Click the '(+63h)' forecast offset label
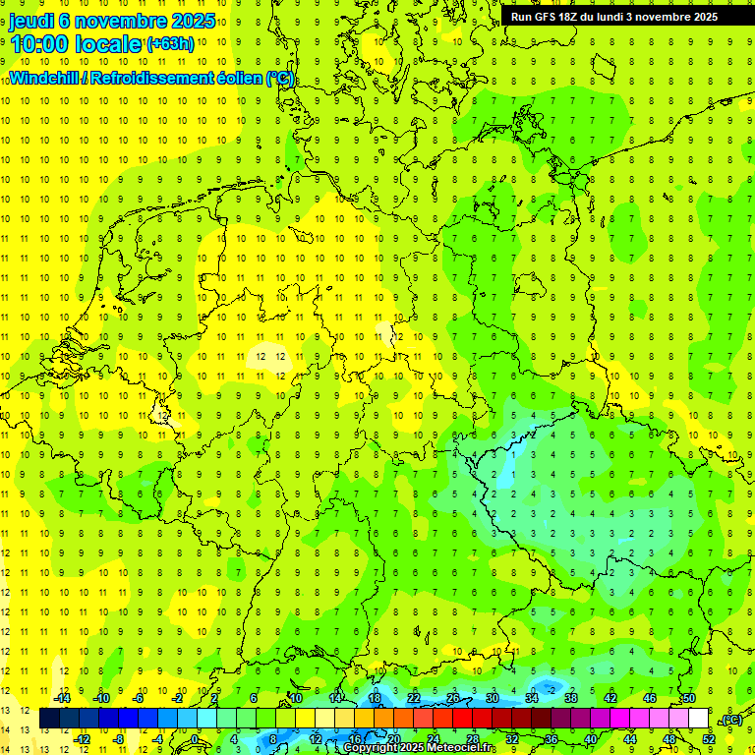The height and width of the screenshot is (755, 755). coord(170,44)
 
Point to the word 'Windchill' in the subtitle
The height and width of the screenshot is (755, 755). coord(43,78)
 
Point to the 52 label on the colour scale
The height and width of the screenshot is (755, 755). coord(709,739)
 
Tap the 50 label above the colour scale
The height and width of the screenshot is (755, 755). coord(688,698)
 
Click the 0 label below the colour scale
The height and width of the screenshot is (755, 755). coord(196,739)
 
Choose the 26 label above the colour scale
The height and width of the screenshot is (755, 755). coord(453,698)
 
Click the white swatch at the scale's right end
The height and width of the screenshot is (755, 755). coord(698,719)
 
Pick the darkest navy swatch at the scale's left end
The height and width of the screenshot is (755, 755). coord(49,719)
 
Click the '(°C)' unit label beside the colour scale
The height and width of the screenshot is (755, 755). coord(731,720)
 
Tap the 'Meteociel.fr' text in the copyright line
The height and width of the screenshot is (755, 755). coord(461,748)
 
